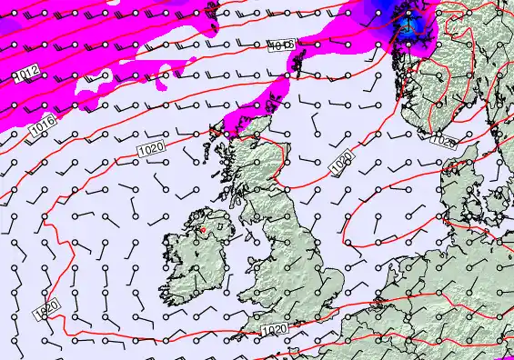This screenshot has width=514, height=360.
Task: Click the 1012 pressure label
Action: pyautogui.click(x=26, y=72)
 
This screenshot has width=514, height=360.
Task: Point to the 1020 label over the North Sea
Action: pyautogui.click(x=341, y=165)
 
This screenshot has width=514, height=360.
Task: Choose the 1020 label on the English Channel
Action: pyautogui.click(x=272, y=328)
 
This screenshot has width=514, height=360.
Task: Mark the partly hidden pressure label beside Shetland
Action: pyautogui.click(x=282, y=45)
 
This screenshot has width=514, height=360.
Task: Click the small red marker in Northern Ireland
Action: pyautogui.click(x=202, y=230)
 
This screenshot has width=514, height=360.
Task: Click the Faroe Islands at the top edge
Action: pyautogui.click(x=213, y=11)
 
